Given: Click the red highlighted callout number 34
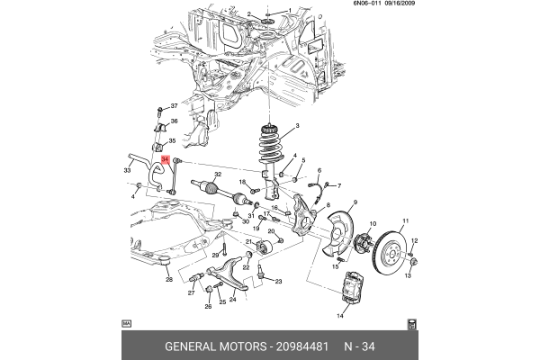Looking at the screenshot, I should click(165, 159).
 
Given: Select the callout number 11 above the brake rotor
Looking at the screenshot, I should click(405, 221).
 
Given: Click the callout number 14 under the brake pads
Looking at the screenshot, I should click(340, 316).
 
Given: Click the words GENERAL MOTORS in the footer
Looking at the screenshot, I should click(214, 346).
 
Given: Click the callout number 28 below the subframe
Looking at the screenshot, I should click(168, 279).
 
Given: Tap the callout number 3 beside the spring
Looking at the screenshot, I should click(297, 127).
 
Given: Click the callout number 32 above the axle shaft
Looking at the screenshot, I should click(217, 174).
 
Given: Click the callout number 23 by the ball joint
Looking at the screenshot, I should click(278, 282).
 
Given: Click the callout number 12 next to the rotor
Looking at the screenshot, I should click(415, 239).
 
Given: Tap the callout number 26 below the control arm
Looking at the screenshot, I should click(208, 307).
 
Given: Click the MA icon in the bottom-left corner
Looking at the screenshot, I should click(126, 321).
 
